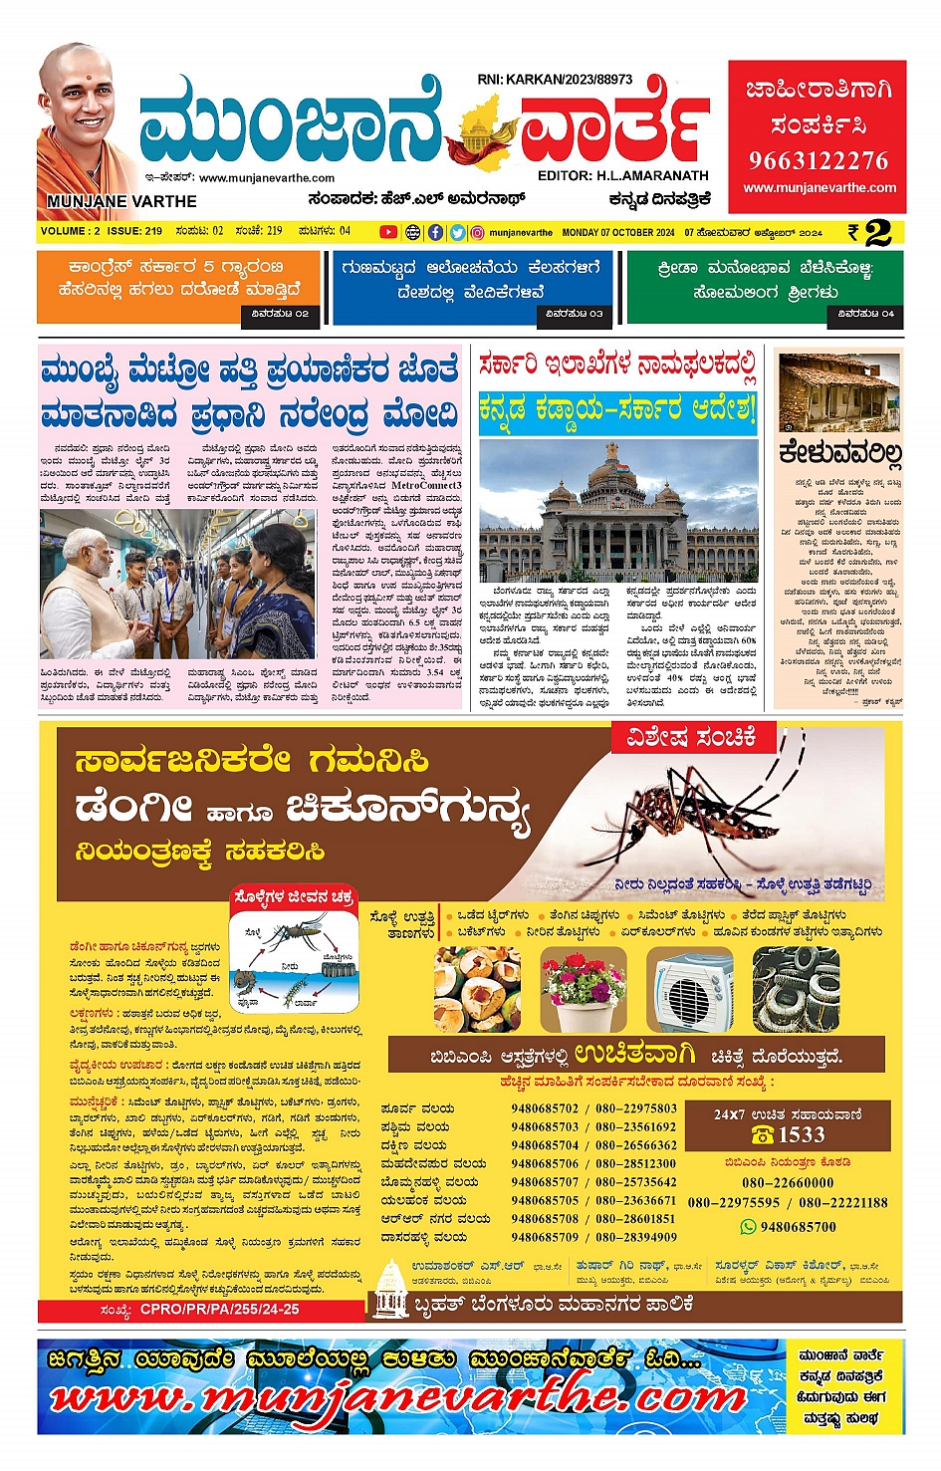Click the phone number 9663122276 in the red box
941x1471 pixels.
coord(819,160)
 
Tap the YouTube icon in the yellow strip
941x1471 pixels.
coord(388,232)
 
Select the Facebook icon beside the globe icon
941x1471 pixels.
coord(435,232)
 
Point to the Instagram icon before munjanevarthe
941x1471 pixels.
coord(478,232)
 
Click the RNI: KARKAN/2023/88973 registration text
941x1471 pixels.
coord(555,80)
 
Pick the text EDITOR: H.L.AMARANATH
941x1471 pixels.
coord(622,175)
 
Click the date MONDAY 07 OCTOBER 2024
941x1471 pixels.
coord(618,232)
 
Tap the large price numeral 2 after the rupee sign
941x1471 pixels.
coord(877,233)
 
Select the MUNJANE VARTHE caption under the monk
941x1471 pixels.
coord(121,201)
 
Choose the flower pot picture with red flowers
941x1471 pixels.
coord(583,990)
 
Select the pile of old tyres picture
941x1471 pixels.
coord(795,990)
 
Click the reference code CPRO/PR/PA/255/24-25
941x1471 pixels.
coord(219,1310)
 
